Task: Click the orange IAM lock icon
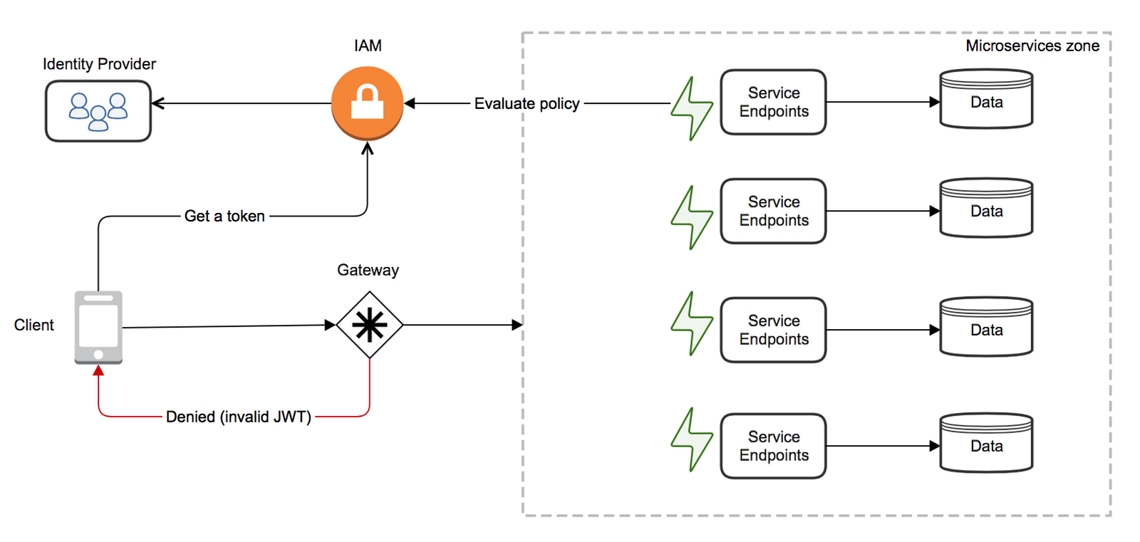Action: (x=367, y=103)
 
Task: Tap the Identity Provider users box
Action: (x=98, y=111)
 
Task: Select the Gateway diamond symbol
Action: (x=370, y=325)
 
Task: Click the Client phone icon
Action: (x=98, y=328)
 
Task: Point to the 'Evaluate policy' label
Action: (x=527, y=103)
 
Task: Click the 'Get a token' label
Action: (x=224, y=216)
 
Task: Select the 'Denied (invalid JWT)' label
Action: (x=238, y=417)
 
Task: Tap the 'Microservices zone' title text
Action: (x=1032, y=46)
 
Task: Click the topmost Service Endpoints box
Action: (x=774, y=103)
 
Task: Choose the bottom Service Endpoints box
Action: (x=774, y=446)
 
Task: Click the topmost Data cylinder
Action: (x=986, y=99)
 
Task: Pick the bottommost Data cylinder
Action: (x=986, y=443)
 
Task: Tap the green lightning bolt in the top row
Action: (x=692, y=108)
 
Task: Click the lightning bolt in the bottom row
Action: (x=692, y=439)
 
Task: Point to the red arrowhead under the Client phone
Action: (x=98, y=370)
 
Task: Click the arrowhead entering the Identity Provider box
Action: (x=157, y=103)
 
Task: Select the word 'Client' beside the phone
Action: (x=33, y=325)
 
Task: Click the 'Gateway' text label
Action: (x=368, y=270)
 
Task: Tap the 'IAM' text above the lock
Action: (x=368, y=46)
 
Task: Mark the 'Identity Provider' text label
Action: (x=99, y=64)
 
